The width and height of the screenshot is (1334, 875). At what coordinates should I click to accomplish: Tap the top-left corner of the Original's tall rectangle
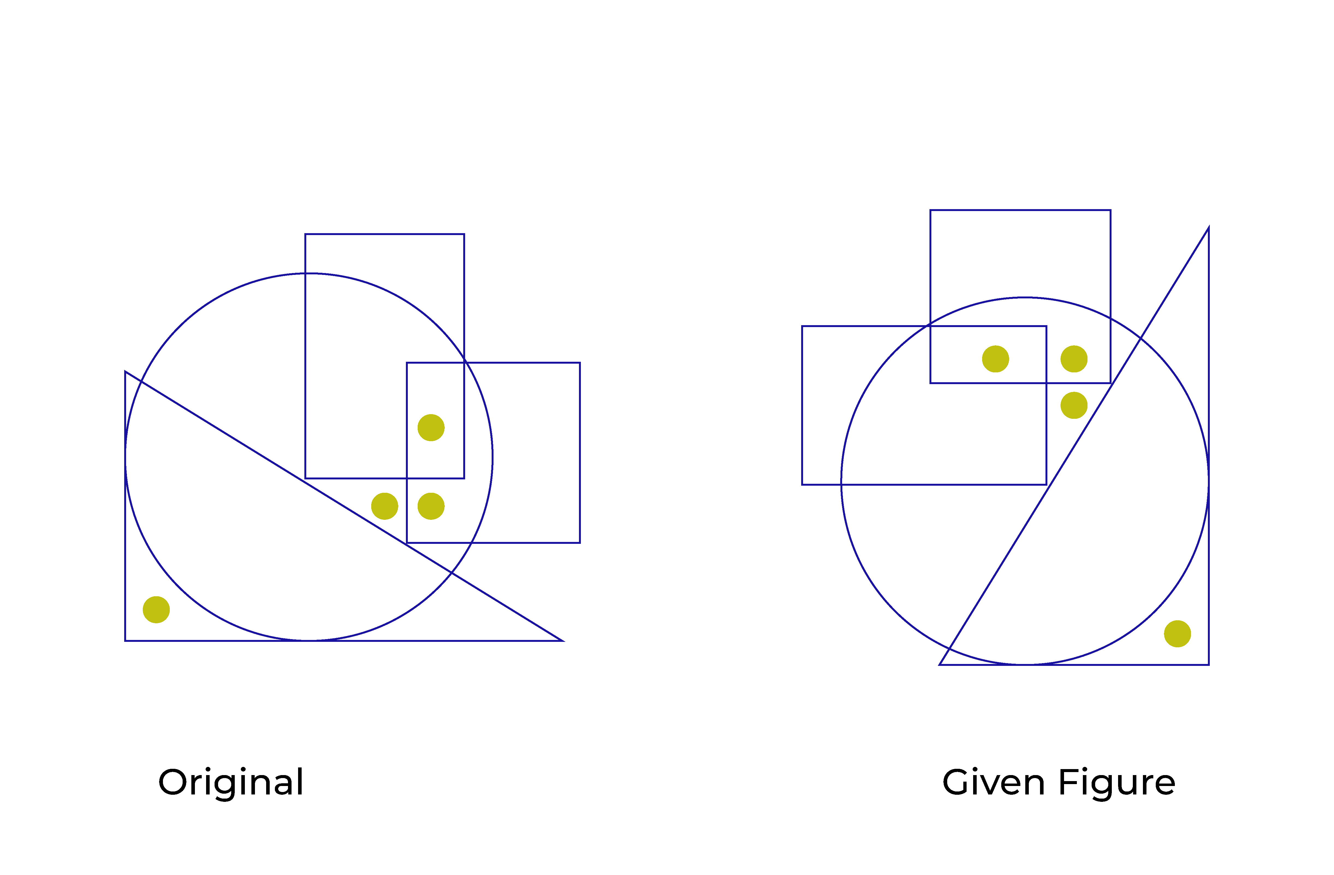[305, 234]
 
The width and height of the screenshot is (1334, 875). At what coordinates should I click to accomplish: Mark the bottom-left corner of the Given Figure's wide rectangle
[803, 484]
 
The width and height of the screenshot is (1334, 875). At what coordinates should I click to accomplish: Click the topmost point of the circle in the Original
[309, 274]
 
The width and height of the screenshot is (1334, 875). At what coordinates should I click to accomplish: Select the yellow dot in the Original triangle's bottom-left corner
[156, 610]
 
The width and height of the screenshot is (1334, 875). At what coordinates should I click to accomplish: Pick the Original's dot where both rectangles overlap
[431, 428]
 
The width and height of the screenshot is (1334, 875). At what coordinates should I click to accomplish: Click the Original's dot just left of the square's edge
[385, 506]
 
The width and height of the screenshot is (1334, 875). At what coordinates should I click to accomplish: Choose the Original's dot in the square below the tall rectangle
[431, 506]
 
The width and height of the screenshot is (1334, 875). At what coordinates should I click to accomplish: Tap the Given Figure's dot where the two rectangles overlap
[996, 359]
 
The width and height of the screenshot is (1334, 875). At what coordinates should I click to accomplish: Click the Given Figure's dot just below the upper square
[1074, 405]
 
